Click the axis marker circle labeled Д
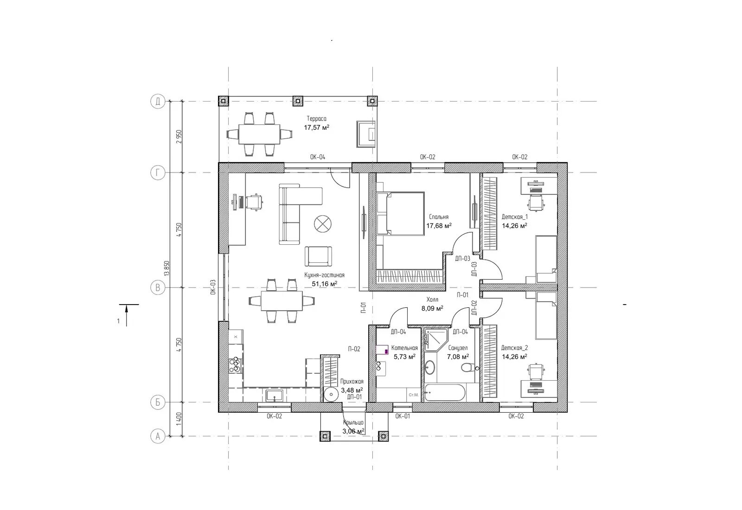coord(158,101)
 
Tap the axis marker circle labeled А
coord(158,436)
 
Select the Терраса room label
coord(316,119)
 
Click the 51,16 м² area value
coord(325,283)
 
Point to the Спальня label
coord(439,217)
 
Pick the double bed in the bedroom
coord(401,214)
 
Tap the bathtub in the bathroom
coord(445,393)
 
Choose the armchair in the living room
coord(318,256)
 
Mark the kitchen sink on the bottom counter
coord(274,395)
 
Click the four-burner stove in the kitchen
coord(236,364)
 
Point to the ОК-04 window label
coord(317,157)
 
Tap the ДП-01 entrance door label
coord(355,397)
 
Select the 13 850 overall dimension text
coord(166,268)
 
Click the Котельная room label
coord(404,348)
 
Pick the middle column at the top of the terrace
coord(298,101)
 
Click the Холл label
coord(432,300)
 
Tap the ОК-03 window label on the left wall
coord(213,287)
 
